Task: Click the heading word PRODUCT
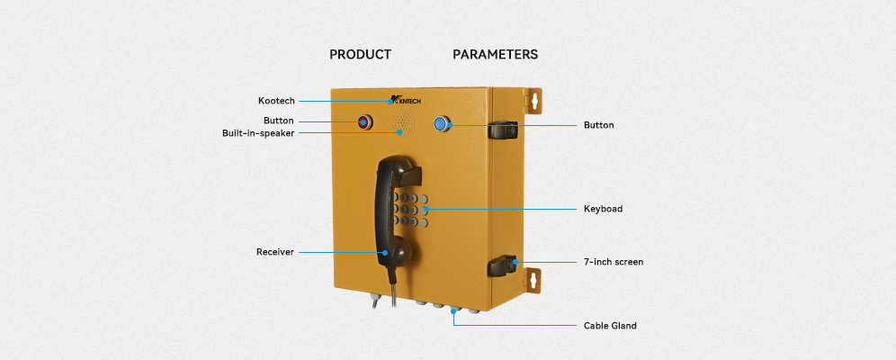click(x=360, y=54)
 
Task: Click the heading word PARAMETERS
click(x=495, y=54)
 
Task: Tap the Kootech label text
click(x=276, y=101)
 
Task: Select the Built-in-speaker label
click(x=258, y=133)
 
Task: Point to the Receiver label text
click(x=275, y=253)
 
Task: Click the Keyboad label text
click(x=603, y=209)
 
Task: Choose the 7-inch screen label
click(x=614, y=262)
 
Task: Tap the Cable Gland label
click(x=610, y=326)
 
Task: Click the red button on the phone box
click(x=364, y=121)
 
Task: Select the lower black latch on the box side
click(x=502, y=265)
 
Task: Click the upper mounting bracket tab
click(x=533, y=100)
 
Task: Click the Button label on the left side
click(x=278, y=121)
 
